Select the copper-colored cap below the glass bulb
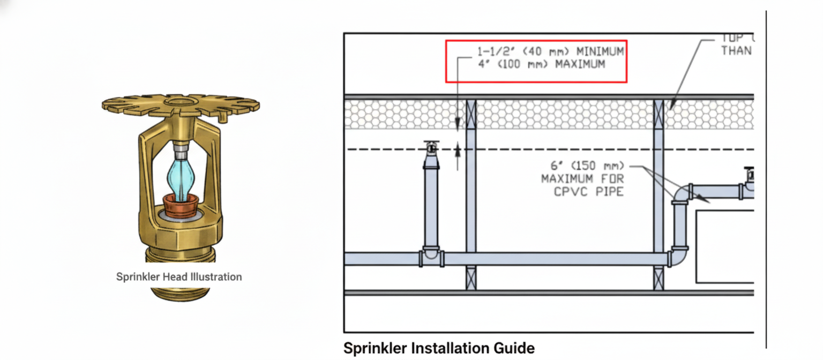pos(181,204)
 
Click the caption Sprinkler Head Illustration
pos(179,277)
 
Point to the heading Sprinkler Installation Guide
pos(439,348)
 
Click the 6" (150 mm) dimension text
pos(585,167)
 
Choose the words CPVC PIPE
pos(589,191)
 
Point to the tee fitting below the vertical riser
pos(431,257)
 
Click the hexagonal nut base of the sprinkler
pos(181,233)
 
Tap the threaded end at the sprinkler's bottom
pos(181,292)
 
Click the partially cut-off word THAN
pos(737,51)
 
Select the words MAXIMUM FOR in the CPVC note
pos(582,179)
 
